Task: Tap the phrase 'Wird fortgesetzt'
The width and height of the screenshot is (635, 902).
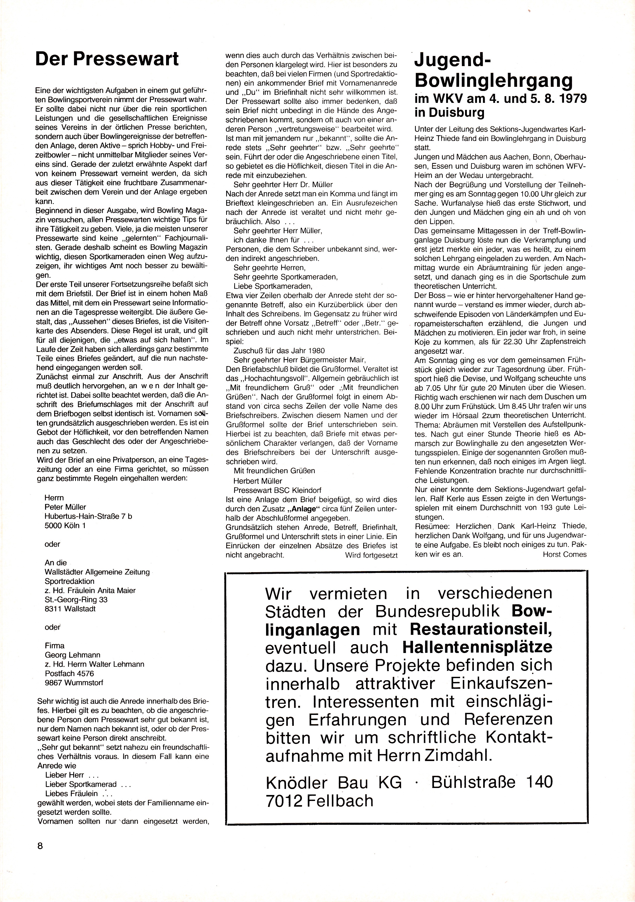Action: tap(371, 555)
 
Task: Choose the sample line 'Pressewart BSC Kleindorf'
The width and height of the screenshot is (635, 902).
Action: tap(277, 490)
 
